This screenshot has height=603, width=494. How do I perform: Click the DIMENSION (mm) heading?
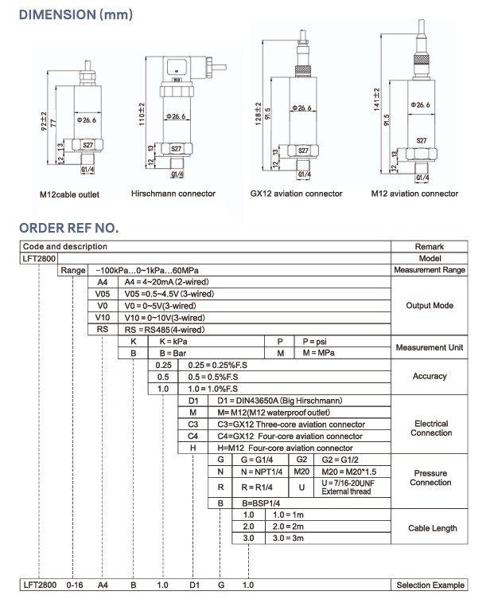coord(76,14)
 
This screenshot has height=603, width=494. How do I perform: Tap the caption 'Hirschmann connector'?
coord(173,194)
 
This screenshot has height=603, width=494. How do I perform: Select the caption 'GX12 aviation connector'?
coord(296,194)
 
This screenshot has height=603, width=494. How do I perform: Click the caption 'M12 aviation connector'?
coord(414,194)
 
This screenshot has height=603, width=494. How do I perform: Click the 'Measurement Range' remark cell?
coord(430,271)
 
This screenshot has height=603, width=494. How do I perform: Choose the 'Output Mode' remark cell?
coord(430,305)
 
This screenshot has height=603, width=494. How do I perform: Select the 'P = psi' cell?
coord(315,341)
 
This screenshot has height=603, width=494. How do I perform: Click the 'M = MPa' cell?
coord(316,352)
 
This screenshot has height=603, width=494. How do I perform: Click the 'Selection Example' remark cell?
coord(430,585)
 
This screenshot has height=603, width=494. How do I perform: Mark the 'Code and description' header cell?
coord(64,247)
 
